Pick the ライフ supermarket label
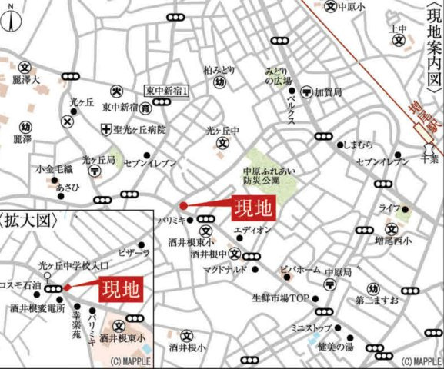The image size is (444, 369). (x=389, y=208)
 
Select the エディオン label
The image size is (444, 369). (x=251, y=230)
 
